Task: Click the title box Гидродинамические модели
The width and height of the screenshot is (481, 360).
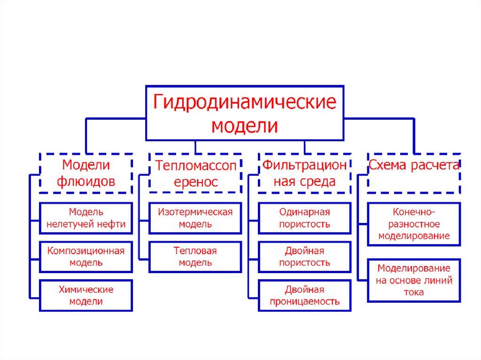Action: point(244,113)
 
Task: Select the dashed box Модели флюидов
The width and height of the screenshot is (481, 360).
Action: point(86,173)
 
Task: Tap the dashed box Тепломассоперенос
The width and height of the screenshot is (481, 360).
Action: point(196,173)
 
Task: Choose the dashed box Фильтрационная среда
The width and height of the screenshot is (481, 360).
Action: point(304,173)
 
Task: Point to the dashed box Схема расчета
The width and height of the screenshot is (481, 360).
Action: point(413,173)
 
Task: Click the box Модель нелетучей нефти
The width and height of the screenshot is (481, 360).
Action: point(86,218)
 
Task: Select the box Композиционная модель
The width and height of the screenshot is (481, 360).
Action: point(86,257)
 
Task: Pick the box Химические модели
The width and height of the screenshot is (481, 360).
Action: point(86,295)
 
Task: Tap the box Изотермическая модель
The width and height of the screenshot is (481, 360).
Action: point(195,218)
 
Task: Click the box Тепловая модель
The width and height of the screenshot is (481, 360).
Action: point(195,257)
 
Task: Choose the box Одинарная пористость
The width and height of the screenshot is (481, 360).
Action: point(304,218)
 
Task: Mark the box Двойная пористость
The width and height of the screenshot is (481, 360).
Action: point(304,257)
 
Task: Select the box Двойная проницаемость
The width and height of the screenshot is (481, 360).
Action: point(304,295)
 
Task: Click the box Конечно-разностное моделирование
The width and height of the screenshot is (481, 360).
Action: point(414,224)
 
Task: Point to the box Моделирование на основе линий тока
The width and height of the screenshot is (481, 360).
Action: point(414,280)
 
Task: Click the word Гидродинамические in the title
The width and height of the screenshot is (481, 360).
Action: point(244,102)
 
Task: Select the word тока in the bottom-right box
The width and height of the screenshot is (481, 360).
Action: point(414,292)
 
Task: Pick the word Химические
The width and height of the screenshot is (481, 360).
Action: point(86,290)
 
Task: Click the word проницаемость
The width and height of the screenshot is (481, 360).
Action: point(304,301)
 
